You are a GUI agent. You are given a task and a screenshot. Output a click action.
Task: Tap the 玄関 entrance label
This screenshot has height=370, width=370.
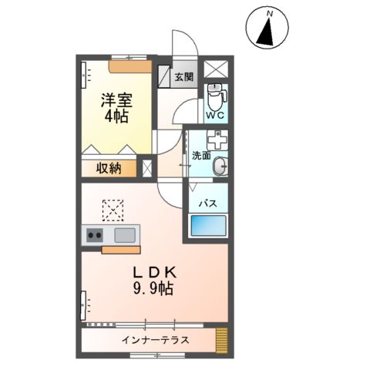pyautogui.click(x=183, y=77)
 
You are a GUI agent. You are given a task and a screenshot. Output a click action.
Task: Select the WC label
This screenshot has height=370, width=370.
pyautogui.click(x=215, y=116)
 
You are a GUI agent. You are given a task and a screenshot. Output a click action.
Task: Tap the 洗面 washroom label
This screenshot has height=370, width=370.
pyautogui.click(x=201, y=155)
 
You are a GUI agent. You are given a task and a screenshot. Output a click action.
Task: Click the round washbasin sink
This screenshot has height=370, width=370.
pyautogui.click(x=220, y=165)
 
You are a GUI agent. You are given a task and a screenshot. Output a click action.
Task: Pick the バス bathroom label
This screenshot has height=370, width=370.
pyautogui.click(x=208, y=203)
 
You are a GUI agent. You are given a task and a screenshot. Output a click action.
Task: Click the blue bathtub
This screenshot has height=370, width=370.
pyautogui.click(x=209, y=227)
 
